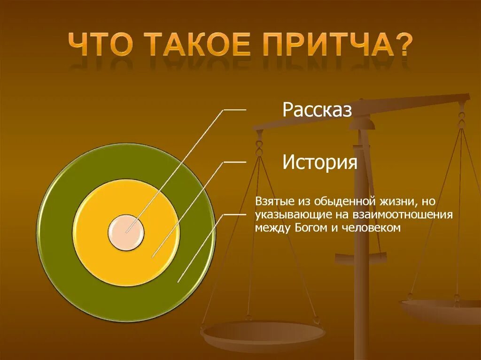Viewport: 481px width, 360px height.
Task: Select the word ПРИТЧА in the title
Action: pos(329,44)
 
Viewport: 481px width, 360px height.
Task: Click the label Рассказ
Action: pos(317,111)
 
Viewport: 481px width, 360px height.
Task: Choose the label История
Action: pos(320,163)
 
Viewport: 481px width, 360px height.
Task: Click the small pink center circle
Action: pos(126,232)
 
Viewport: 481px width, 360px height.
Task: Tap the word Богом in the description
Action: pos(310,228)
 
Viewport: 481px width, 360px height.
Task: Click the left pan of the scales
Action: pos(263,334)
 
